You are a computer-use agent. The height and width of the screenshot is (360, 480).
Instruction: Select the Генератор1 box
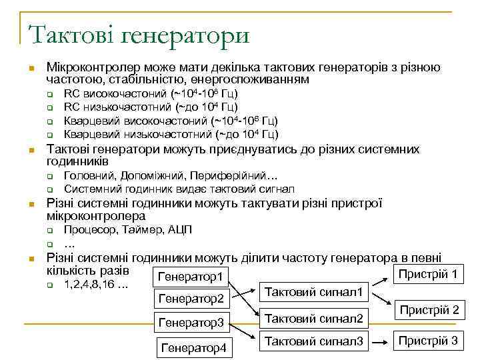tap(191, 276)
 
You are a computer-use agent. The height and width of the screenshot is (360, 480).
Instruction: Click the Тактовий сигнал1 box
tap(314, 292)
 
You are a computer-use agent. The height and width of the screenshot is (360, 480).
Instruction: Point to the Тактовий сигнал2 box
tap(314, 319)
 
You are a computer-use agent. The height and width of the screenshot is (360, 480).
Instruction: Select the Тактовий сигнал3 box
tap(314, 342)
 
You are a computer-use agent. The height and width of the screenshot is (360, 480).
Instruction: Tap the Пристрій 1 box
tap(427, 273)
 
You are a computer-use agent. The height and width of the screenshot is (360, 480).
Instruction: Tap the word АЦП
tap(180, 230)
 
